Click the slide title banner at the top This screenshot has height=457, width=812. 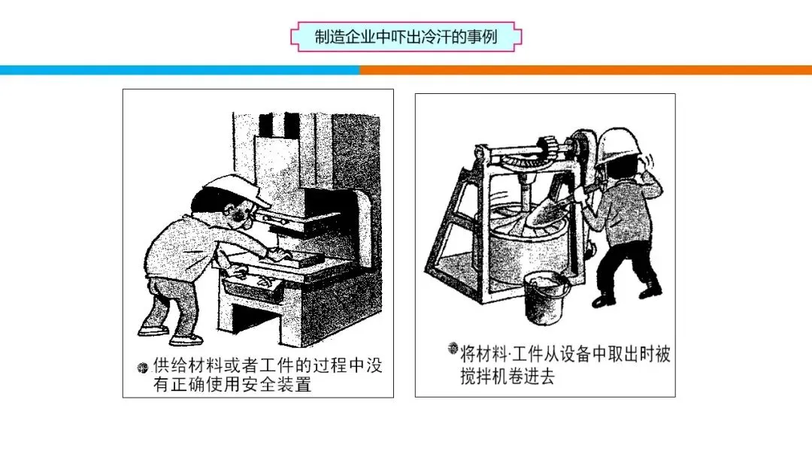coord(406,37)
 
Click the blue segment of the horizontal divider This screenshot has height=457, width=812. coord(180,70)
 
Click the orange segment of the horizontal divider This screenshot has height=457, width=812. coord(586,70)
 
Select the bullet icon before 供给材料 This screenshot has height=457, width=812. coord(142,368)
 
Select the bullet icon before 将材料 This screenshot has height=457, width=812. coord(453,348)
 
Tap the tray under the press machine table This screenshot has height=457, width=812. coord(254,287)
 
